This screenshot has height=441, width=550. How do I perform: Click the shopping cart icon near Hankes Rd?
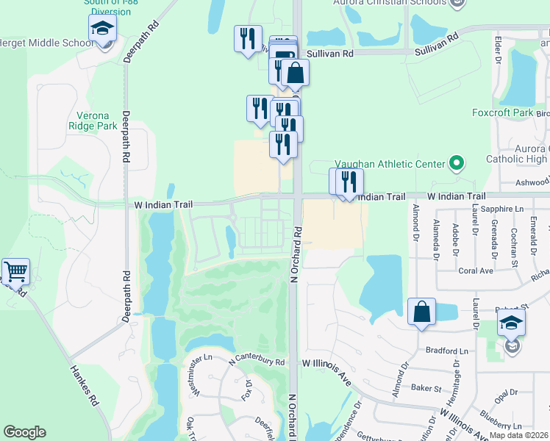pyautogui.click(x=15, y=271)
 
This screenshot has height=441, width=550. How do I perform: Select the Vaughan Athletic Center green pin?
pyautogui.click(x=457, y=163)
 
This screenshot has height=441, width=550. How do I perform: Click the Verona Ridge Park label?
pyautogui.click(x=98, y=121)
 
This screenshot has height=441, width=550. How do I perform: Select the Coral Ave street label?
pyautogui.click(x=475, y=270)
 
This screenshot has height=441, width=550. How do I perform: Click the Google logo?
pyautogui.click(x=24, y=431)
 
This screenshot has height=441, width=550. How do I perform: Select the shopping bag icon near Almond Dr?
pyautogui.click(x=422, y=312)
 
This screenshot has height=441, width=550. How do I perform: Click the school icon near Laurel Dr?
pyautogui.click(x=512, y=323)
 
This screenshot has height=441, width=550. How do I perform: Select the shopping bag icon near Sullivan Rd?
pyautogui.click(x=295, y=73)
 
